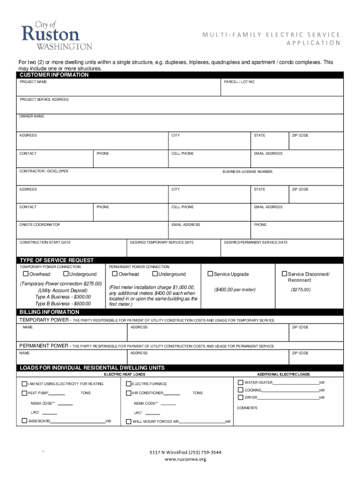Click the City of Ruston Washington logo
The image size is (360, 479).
(x=57, y=35)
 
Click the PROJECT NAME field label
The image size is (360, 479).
(x=33, y=82)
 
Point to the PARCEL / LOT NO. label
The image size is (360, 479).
(x=239, y=82)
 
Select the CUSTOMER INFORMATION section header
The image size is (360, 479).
(x=54, y=75)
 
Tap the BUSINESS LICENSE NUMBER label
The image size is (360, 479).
(x=247, y=172)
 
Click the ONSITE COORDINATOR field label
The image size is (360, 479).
(x=40, y=225)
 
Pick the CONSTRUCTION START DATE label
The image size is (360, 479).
(x=45, y=242)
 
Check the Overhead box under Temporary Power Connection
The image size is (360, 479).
(x=26, y=274)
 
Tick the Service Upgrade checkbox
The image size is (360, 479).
(x=210, y=274)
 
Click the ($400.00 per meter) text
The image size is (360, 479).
(x=235, y=290)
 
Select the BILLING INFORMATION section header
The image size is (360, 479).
(x=49, y=312)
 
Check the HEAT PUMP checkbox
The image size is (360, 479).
(x=24, y=393)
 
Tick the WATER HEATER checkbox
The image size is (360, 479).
(x=241, y=382)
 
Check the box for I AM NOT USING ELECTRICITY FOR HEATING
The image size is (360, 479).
(x=24, y=384)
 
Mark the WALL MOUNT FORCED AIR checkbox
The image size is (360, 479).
(x=129, y=421)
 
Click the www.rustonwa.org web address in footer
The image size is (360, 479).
(x=185, y=459)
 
